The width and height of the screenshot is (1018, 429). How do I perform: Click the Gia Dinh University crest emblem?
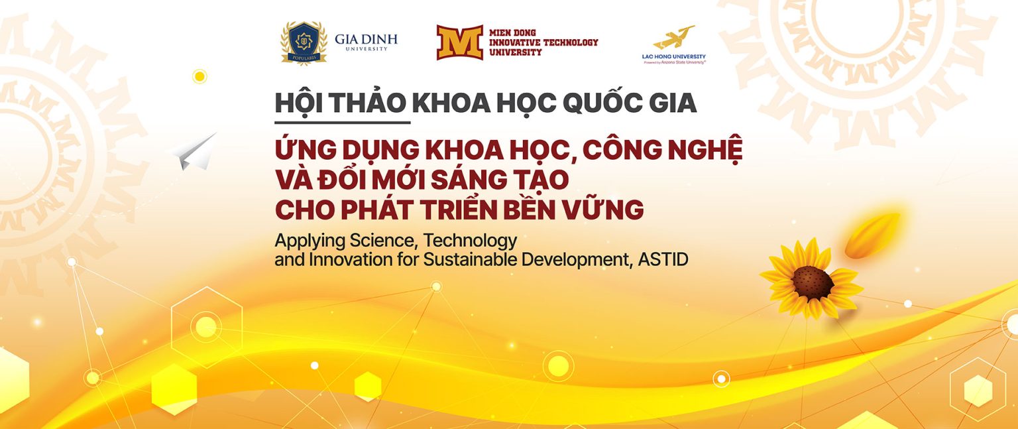(x=304, y=43)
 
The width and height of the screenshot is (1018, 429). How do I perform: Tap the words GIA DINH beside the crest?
(x=366, y=39)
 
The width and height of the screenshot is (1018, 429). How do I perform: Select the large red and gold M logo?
(x=459, y=43)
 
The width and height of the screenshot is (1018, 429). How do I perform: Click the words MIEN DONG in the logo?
(x=512, y=32)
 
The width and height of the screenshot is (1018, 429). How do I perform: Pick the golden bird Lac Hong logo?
(x=674, y=37)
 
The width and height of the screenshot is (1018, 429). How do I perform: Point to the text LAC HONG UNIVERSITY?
(x=674, y=56)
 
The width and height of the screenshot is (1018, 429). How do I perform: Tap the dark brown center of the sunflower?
(x=812, y=282)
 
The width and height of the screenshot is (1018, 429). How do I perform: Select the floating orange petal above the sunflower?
(x=873, y=235)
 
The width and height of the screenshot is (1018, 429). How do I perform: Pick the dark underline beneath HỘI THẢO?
(x=343, y=123)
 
